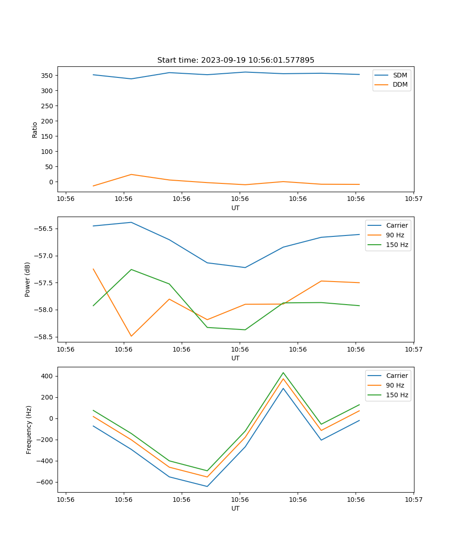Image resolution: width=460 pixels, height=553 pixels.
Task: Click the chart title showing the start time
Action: [x=236, y=60]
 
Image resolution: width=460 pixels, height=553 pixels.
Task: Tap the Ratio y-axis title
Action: [x=35, y=129]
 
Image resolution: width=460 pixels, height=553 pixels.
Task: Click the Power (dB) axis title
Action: [x=28, y=279]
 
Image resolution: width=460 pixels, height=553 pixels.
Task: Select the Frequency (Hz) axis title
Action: [x=29, y=429]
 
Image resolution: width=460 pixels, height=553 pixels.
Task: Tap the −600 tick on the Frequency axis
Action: [x=45, y=482]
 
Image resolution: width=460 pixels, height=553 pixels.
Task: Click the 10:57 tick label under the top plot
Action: [x=414, y=199]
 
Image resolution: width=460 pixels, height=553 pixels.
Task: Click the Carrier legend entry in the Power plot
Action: [x=397, y=225]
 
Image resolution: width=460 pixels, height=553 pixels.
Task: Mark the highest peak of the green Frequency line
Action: [x=283, y=372]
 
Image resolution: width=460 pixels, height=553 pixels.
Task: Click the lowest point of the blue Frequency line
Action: [x=207, y=486]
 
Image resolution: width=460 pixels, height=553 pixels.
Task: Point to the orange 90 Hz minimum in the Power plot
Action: [x=131, y=336]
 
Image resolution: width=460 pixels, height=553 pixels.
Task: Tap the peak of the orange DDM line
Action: [x=131, y=174]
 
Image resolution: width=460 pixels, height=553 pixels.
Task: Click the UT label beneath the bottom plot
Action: [x=236, y=508]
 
